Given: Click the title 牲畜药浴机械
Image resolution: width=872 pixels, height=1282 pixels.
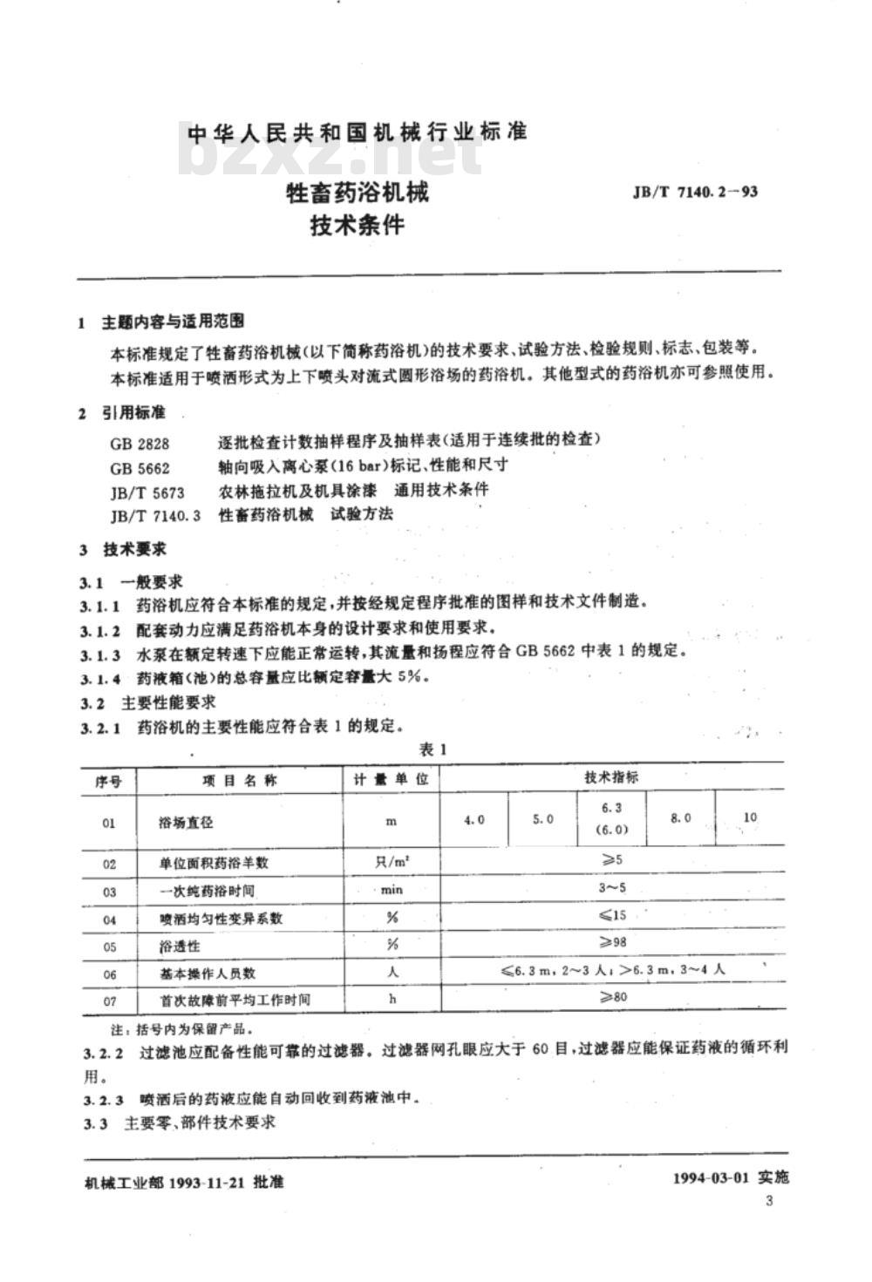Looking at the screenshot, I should (x=358, y=192).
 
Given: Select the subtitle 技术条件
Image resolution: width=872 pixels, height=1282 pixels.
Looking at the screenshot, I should (x=358, y=225).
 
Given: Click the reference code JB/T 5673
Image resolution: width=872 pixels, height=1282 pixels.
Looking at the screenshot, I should (x=147, y=492).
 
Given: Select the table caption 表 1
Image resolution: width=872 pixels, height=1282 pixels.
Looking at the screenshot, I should (x=433, y=750).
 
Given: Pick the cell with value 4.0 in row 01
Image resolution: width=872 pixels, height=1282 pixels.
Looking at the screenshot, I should (x=474, y=820).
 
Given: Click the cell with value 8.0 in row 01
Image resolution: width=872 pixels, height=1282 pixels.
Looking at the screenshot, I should (x=680, y=818).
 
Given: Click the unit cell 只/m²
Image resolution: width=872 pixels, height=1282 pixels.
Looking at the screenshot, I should (x=392, y=862).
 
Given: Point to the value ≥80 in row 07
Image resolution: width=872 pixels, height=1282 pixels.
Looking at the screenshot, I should (x=613, y=998).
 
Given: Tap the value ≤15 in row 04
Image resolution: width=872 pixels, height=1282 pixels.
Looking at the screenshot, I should (x=613, y=915).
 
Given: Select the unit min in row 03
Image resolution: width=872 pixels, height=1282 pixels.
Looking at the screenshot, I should (x=392, y=890).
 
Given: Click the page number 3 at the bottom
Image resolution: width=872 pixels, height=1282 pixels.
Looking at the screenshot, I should (x=767, y=1202).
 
